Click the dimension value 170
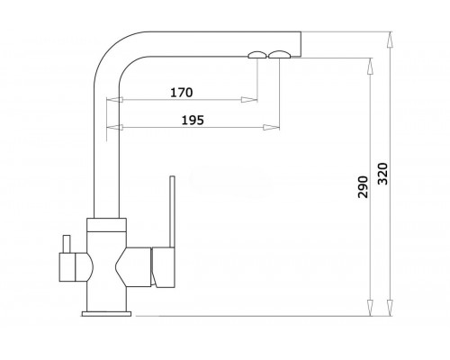(182, 93)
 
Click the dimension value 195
(193, 121)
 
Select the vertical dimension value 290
(363, 187)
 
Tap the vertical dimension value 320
(382, 174)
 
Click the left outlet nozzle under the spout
(257, 55)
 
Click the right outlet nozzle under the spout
(279, 55)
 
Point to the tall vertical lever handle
(172, 211)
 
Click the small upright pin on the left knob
(67, 244)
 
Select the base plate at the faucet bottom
(106, 314)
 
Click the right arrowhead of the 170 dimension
(249, 100)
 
